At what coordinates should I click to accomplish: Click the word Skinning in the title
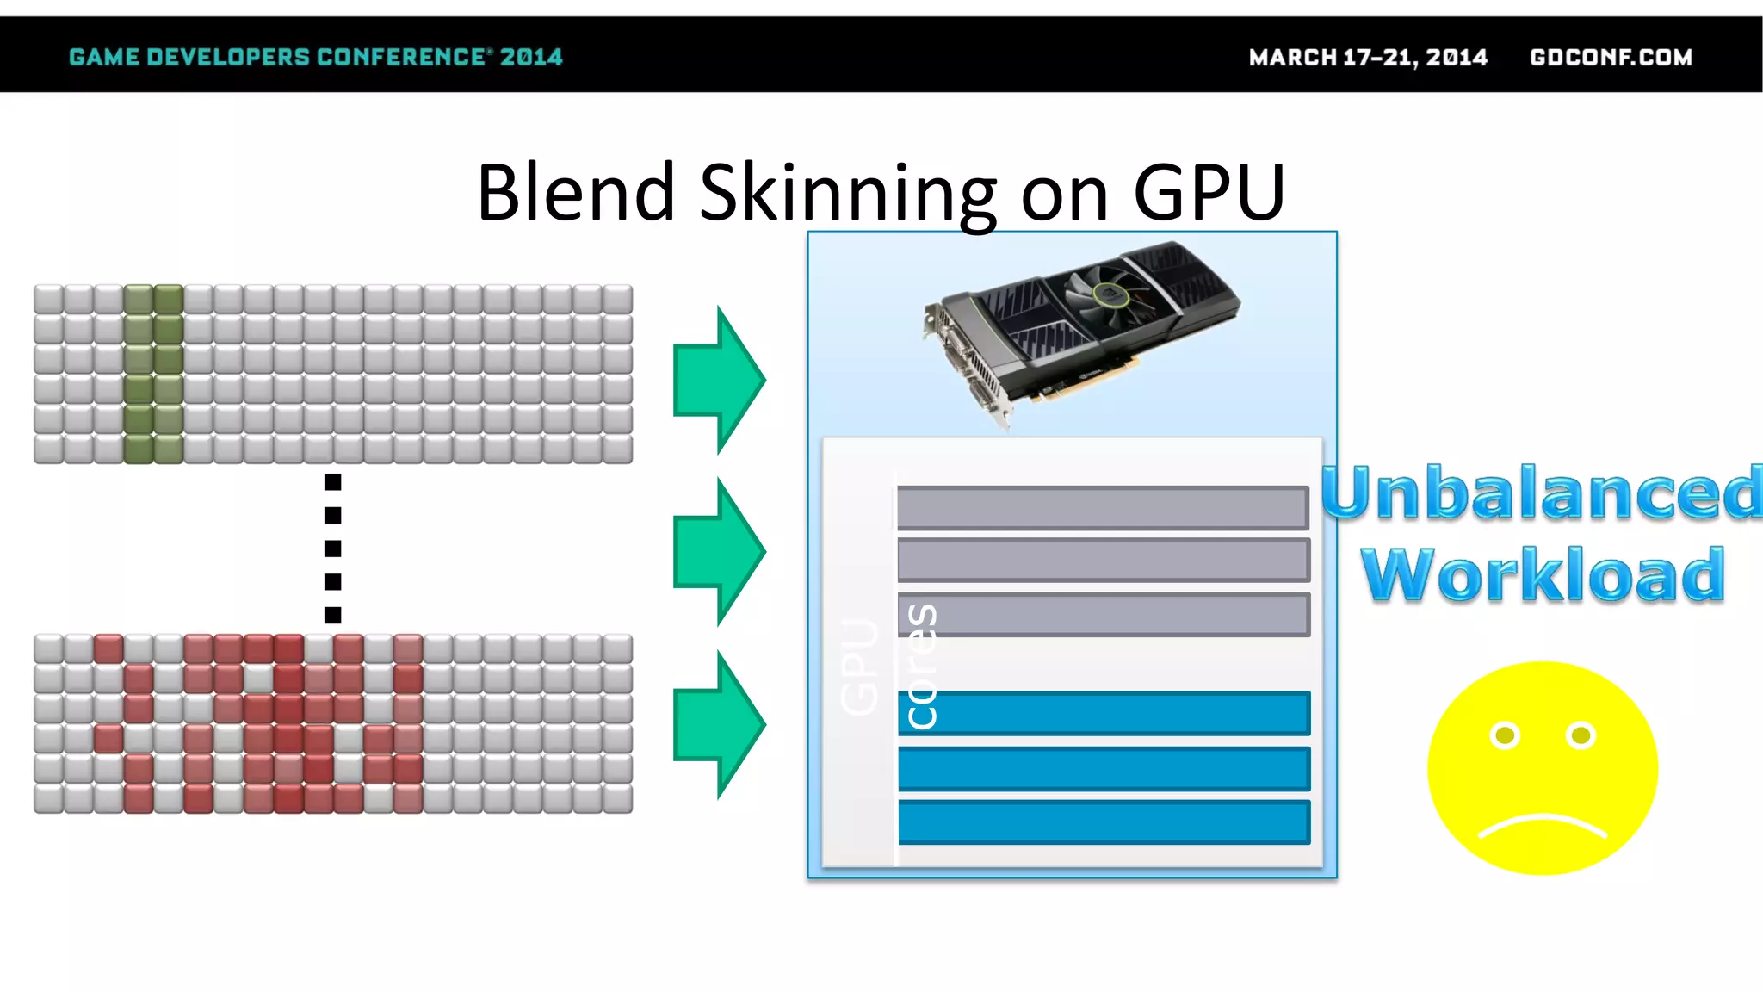coord(847,193)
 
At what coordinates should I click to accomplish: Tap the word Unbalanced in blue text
coord(1541,493)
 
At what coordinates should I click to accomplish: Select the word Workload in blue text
coord(1543,575)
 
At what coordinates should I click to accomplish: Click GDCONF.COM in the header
coord(1611,57)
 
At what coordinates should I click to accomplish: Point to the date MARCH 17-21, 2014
coord(1368,57)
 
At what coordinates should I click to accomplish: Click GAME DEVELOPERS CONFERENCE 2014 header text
coord(315,57)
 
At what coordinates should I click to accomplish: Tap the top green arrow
coord(719,379)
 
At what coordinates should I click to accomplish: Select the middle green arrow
coord(719,551)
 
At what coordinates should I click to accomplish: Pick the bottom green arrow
coord(719,724)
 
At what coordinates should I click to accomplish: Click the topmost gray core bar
coord(1103,507)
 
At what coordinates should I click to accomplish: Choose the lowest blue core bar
coord(1104,821)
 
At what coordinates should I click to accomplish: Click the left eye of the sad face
coord(1505,735)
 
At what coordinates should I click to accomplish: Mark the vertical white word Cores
coord(922,666)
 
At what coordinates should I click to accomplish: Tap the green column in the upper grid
coord(153,374)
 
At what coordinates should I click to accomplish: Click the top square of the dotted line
coord(333,482)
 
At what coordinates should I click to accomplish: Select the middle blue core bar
coord(1104,768)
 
